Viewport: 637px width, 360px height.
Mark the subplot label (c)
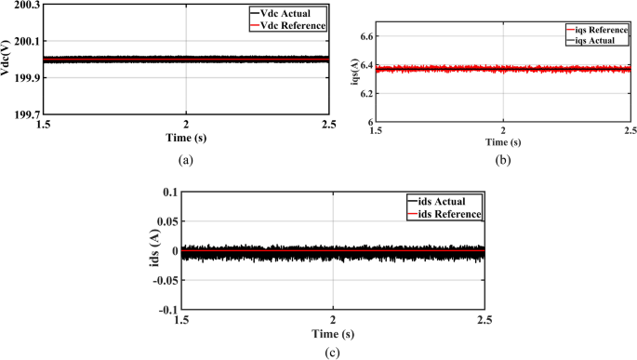pos(332,351)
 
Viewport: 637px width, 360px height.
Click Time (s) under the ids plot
pos(332,332)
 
